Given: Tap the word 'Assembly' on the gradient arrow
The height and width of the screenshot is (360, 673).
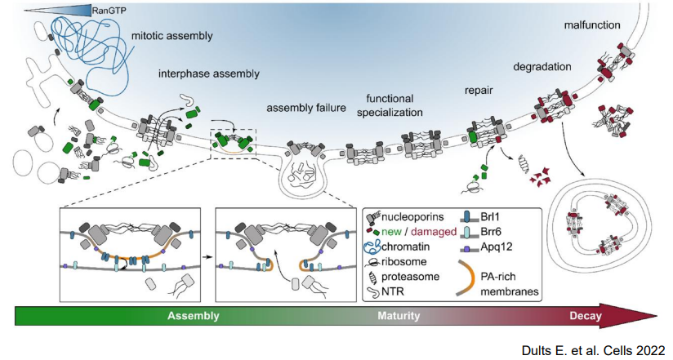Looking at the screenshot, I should [x=194, y=315].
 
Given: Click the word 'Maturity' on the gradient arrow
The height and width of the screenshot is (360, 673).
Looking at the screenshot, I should [x=400, y=315].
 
